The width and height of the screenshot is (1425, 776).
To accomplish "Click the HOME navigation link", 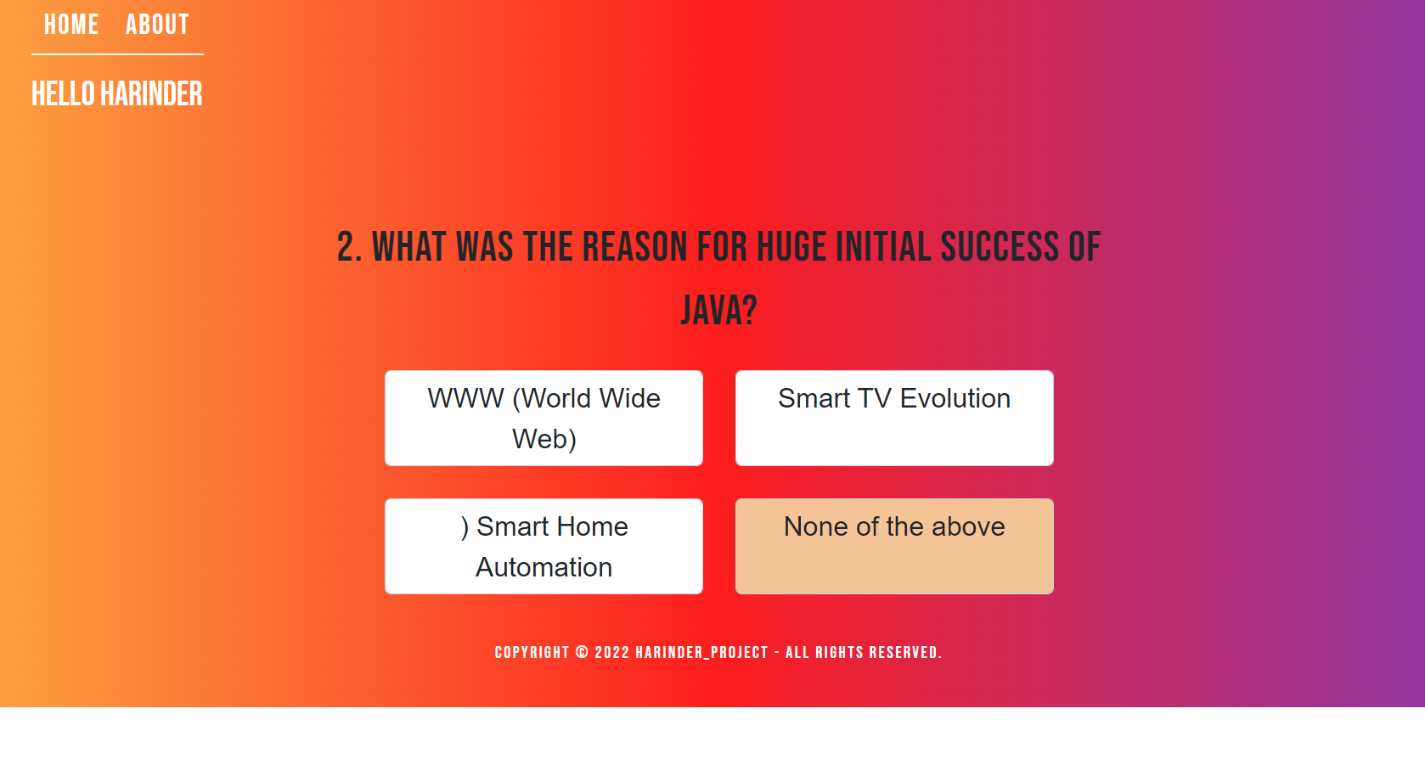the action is (x=71, y=25).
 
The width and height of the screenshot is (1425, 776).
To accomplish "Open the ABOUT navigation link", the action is (x=157, y=25).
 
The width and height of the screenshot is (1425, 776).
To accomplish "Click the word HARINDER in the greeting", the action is (x=151, y=94).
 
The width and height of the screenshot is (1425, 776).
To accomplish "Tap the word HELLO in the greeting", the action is (x=63, y=94).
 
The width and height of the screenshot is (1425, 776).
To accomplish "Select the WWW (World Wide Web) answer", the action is (x=544, y=418).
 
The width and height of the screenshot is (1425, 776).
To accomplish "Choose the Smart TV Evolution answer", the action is (x=894, y=418).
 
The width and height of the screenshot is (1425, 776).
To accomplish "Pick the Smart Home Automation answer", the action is (x=544, y=547).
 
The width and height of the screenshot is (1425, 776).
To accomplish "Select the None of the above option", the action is (x=894, y=547).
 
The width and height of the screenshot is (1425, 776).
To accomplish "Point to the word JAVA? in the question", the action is (x=718, y=311).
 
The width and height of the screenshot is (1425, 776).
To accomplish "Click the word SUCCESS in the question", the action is (x=1000, y=247).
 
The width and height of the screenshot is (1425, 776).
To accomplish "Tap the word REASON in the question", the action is (x=635, y=247).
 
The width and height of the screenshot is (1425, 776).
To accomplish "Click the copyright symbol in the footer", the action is (x=582, y=653).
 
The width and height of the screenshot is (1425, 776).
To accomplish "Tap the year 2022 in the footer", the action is (x=612, y=653).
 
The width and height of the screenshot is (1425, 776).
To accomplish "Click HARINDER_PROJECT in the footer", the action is (x=701, y=653).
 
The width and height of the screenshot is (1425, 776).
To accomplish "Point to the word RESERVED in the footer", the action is (x=905, y=653).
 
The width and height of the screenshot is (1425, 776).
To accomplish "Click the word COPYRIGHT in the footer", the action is (x=532, y=653).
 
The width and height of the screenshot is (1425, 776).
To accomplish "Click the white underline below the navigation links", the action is (x=118, y=54).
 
